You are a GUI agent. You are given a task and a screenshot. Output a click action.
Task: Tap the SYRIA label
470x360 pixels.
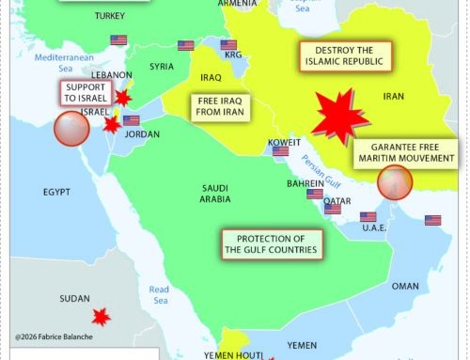[162, 67]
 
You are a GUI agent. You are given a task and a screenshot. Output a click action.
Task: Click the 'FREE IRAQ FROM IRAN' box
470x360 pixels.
[223, 105]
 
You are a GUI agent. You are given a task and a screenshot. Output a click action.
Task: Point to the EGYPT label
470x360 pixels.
[56, 193]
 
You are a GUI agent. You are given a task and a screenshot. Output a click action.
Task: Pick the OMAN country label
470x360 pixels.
[405, 286]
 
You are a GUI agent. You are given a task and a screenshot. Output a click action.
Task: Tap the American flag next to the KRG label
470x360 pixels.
[228, 44]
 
